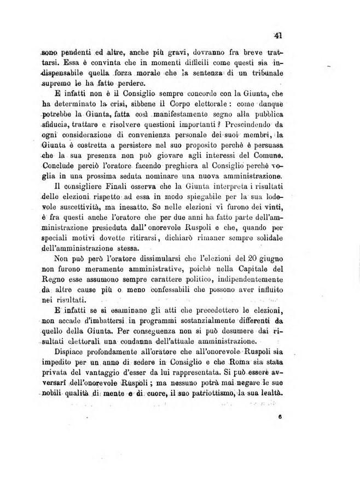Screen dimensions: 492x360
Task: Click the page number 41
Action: point(278,36)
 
